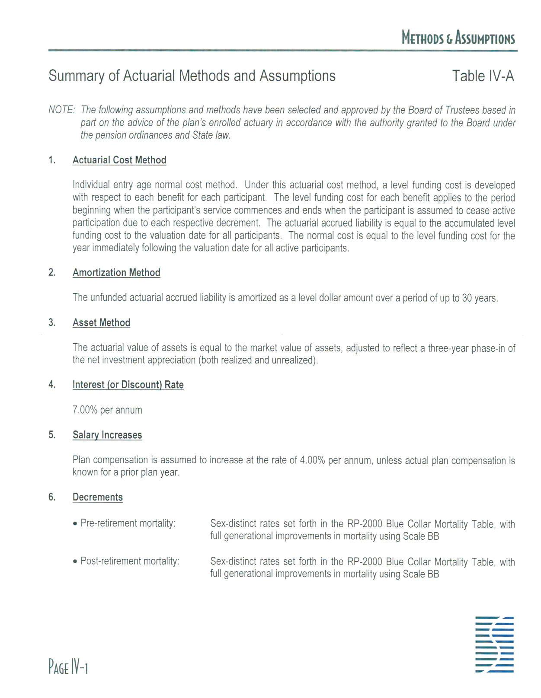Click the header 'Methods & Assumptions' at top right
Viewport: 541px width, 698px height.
coord(458,38)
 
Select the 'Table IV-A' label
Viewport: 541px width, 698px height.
coord(483,76)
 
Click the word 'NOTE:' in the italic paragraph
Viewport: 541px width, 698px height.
coord(62,110)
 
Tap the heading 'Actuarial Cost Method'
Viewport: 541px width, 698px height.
coord(119,160)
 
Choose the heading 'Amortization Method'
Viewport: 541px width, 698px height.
coord(116,273)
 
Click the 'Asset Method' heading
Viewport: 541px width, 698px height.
coord(101,323)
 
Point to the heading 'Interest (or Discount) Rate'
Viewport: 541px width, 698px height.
coord(128,385)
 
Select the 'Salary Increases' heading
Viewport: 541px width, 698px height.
coord(107,435)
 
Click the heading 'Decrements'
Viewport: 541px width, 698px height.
coord(98,497)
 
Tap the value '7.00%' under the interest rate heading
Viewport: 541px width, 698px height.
coord(85,410)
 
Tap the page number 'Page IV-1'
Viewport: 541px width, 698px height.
coord(68,667)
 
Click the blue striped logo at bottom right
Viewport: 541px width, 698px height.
coord(494,644)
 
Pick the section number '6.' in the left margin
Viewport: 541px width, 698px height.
coord(52,497)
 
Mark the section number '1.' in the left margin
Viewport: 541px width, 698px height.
coord(52,160)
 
